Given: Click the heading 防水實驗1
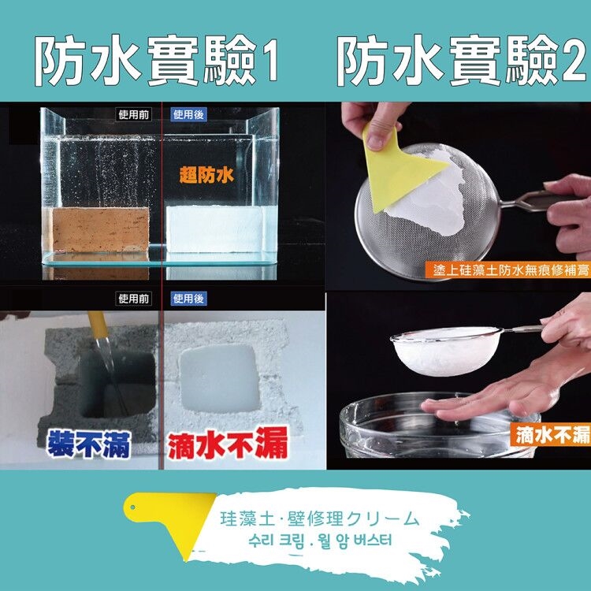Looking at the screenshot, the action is (157, 61).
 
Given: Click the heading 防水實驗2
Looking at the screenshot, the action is (462, 61).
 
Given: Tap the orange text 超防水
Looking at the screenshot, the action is (206, 175).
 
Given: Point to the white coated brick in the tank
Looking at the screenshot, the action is (215, 229).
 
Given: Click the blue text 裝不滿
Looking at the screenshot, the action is (89, 444).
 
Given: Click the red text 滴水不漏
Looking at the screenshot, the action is (227, 444).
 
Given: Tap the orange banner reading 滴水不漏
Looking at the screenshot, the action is (550, 435).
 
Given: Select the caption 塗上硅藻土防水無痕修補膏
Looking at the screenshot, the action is (508, 269).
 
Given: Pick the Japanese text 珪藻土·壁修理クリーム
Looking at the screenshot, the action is (320, 519).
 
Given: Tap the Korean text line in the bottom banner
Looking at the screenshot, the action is (321, 541).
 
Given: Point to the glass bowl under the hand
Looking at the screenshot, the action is (439, 426).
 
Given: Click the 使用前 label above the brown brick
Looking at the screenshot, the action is (133, 114).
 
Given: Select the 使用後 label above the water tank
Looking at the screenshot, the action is (188, 114).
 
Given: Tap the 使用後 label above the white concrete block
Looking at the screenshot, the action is (188, 299).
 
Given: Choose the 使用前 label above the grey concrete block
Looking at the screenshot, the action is (133, 299).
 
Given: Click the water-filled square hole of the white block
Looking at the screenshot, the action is (220, 378).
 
